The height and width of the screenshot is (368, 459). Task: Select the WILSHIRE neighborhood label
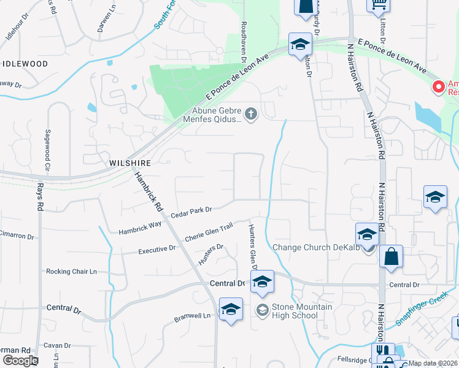[129, 163]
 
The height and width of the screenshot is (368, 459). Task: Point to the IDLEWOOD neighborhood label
[25, 64]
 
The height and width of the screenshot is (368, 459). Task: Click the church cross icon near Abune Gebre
[250, 113]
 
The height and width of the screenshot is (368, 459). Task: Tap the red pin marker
[439, 87]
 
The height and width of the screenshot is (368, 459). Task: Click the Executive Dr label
[156, 250]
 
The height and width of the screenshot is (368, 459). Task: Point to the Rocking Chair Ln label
[72, 271]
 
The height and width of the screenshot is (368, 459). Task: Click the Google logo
[20, 361]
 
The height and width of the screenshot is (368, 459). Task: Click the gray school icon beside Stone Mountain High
[262, 312]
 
